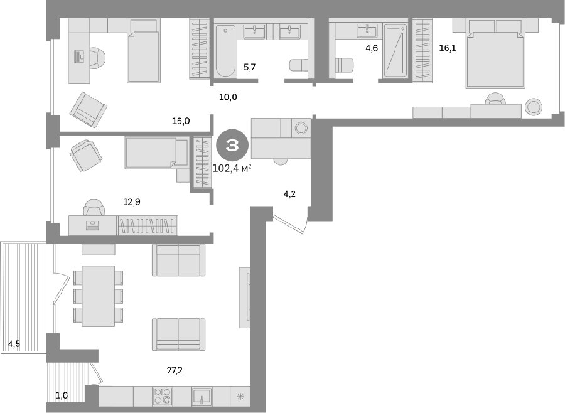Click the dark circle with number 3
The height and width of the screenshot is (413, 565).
(x=232, y=145)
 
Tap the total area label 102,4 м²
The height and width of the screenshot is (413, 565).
(x=232, y=168)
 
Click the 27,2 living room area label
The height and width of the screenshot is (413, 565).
(x=175, y=370)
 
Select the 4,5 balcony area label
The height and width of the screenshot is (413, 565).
(x=14, y=344)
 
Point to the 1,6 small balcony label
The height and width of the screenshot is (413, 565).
(x=62, y=395)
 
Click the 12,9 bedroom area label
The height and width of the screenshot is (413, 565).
(x=132, y=202)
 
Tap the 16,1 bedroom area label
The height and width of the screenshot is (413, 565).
(x=448, y=48)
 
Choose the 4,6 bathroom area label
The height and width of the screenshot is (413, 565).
(x=372, y=48)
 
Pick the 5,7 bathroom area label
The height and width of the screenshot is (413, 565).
(x=250, y=67)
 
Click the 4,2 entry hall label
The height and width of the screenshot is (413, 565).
(x=289, y=194)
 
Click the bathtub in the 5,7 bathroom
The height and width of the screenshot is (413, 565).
(x=225, y=51)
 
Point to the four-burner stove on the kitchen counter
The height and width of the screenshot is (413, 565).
(x=163, y=395)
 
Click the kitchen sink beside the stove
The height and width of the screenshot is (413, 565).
(x=202, y=396)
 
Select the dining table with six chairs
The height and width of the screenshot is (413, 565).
(x=99, y=296)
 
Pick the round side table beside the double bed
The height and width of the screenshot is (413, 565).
(x=534, y=107)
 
